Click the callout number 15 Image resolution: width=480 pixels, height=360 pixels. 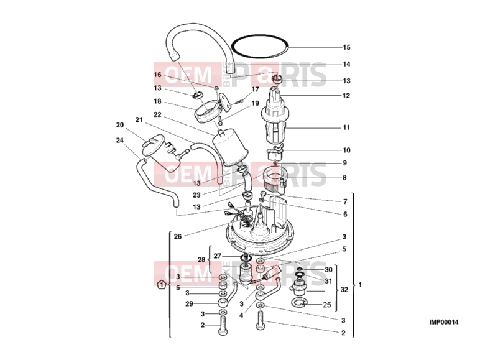pos(346,47)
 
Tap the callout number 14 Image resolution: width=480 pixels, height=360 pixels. pos(346,64)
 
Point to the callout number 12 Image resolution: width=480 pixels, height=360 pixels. pos(346,96)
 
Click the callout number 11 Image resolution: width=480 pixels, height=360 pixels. pos(346,127)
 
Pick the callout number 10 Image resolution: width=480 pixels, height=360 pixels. pos(346,150)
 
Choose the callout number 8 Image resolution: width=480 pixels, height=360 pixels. pos(344,178)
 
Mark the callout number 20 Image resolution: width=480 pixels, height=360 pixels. pos(120,125)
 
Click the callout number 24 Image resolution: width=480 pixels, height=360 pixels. pos(120,140)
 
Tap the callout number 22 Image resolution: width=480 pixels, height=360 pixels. pos(157,114)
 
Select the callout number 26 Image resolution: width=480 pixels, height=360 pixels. pos(178,236)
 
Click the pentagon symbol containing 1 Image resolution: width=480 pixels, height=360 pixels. pos(161,284)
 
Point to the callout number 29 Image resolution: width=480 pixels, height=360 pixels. pos(189,303)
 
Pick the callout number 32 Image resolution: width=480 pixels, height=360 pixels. pos(344,290)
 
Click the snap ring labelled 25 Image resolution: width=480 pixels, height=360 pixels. pos(299,302)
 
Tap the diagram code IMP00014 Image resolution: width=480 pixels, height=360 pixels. pos(443,322)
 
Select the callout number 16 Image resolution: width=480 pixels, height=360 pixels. pos(157,75)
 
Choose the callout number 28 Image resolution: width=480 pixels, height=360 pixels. pos(201,260)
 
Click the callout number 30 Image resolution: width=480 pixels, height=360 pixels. pos(328,270)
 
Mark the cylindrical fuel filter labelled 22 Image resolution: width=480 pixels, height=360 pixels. pos(229,146)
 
